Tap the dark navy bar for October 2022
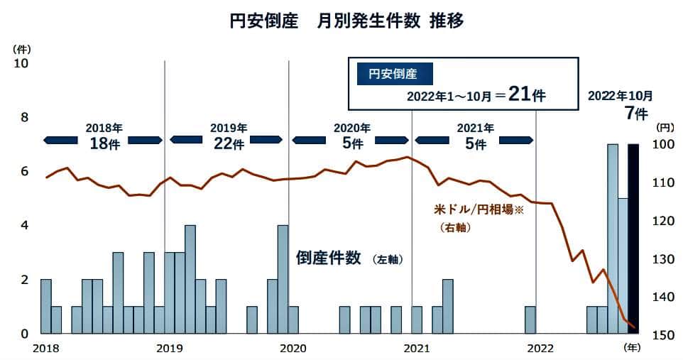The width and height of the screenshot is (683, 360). click(x=633, y=238)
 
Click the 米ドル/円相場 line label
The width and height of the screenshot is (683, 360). click(x=478, y=210)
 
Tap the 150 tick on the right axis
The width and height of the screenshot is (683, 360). click(x=665, y=334)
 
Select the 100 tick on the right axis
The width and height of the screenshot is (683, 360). click(x=665, y=145)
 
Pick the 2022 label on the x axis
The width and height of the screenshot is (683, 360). click(x=540, y=348)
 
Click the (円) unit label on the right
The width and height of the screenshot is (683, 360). click(x=666, y=128)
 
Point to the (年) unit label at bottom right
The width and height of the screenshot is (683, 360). click(x=632, y=348)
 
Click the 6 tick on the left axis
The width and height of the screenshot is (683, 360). click(x=23, y=171)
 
